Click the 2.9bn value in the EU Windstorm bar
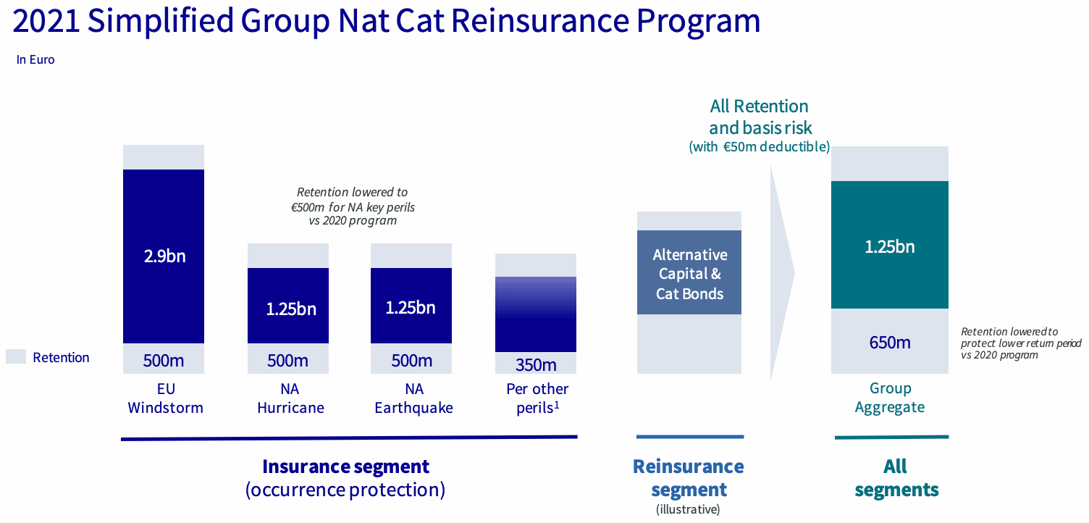click(x=165, y=256)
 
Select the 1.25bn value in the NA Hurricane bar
click(x=291, y=309)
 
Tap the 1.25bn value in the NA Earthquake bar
click(x=411, y=307)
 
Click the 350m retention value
click(x=536, y=365)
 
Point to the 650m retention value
click(x=890, y=343)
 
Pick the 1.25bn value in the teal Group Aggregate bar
click(x=890, y=247)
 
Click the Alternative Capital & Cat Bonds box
click(x=689, y=272)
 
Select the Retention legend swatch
click(x=15, y=356)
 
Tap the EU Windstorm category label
click(x=165, y=398)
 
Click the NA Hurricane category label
click(x=290, y=398)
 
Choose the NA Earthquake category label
click(x=413, y=398)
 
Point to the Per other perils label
click(x=537, y=398)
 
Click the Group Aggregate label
click(x=890, y=398)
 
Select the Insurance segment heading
click(x=345, y=466)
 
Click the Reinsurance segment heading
click(x=689, y=478)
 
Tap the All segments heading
click(x=896, y=478)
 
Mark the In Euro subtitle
click(x=35, y=59)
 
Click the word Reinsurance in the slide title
click(x=540, y=20)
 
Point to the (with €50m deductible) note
click(x=760, y=146)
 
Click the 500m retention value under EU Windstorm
click(x=164, y=361)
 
